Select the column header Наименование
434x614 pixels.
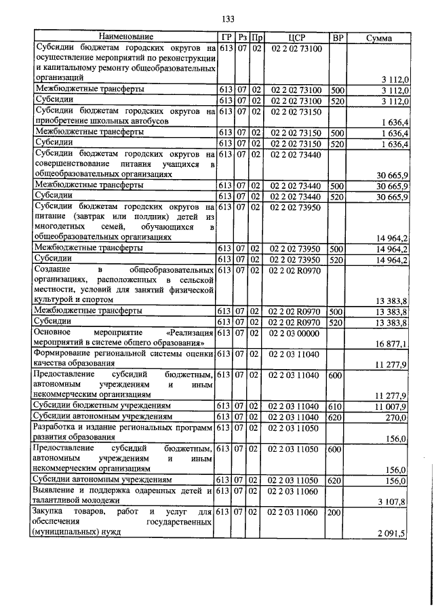click(125, 37)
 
